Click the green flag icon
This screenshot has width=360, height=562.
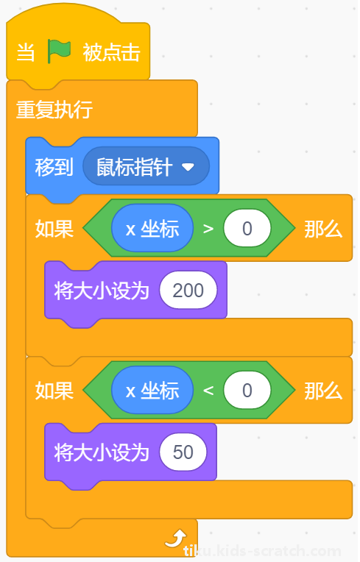click(x=59, y=51)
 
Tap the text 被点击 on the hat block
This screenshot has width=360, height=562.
click(x=111, y=52)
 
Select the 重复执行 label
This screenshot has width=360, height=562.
click(x=54, y=110)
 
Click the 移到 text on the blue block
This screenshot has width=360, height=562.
click(x=54, y=167)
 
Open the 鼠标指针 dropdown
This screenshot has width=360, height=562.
click(x=146, y=167)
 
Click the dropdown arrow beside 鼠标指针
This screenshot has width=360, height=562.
click(x=188, y=167)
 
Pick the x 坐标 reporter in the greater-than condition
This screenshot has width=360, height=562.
click(x=152, y=228)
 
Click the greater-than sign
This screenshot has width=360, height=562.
click(x=208, y=229)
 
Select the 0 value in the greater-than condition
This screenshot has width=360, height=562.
click(x=247, y=228)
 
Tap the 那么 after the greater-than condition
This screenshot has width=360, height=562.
click(x=323, y=229)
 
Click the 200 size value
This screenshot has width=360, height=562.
click(x=188, y=291)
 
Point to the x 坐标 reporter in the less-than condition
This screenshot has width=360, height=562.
click(x=152, y=391)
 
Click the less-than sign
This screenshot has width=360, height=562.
click(x=208, y=391)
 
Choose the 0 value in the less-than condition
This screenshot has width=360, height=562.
click(x=247, y=391)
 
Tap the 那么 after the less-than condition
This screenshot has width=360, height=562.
click(x=323, y=391)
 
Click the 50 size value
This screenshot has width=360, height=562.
click(x=183, y=452)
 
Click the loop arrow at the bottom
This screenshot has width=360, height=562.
click(x=176, y=538)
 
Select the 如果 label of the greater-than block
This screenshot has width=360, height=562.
click(x=54, y=229)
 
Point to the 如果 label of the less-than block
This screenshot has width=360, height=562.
click(x=54, y=391)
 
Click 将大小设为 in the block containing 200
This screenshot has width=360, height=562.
click(x=102, y=291)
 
